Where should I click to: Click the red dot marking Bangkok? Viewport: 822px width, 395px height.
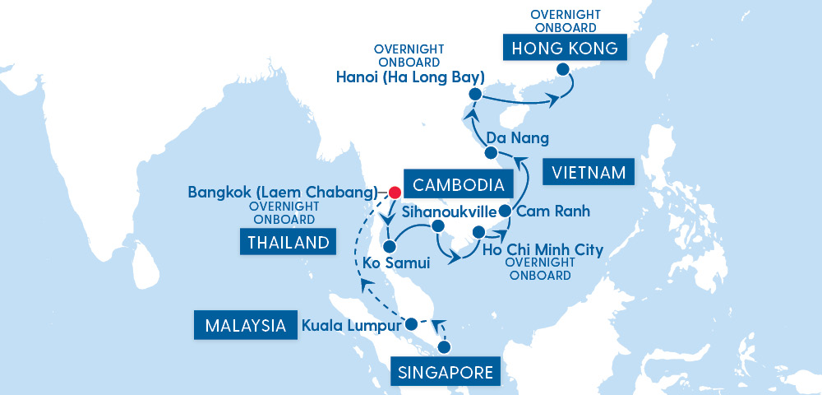pos(394,193)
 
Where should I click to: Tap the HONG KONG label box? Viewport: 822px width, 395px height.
pos(565,49)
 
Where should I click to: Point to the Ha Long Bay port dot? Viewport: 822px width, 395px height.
pos(474,95)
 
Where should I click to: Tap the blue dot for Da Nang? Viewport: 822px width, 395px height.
pos(490,153)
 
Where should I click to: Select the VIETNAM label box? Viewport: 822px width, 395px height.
pos(589,173)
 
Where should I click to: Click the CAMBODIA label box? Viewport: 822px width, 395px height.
pos(454,183)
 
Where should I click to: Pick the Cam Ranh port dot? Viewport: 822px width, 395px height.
pos(505,211)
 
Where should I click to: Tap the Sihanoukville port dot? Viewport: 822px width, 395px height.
pos(437,226)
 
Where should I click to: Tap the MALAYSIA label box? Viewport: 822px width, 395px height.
pos(244,325)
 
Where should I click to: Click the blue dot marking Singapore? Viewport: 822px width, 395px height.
pos(445,348)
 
